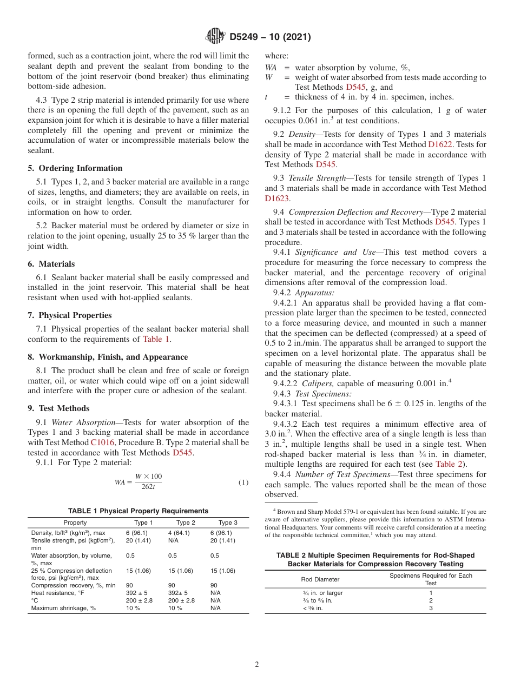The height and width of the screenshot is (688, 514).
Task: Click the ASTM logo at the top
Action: [215, 37]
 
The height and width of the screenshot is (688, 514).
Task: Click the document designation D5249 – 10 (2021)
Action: [269, 37]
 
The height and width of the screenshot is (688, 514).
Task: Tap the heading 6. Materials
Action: [51, 264]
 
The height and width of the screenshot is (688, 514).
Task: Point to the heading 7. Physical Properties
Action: [70, 315]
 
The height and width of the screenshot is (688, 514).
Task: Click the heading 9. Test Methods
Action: [59, 408]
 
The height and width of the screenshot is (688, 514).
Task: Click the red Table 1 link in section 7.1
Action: [156, 339]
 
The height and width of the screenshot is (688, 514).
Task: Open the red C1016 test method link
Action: [102, 442]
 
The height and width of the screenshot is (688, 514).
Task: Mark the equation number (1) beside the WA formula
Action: [243, 482]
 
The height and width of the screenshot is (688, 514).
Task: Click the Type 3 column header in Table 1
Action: [228, 522]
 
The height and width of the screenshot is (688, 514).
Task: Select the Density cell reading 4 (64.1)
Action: [179, 533]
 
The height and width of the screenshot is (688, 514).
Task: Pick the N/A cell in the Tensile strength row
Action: [173, 540]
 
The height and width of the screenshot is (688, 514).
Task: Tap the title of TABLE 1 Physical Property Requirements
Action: [138, 511]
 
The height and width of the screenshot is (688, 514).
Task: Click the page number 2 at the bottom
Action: [257, 665]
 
